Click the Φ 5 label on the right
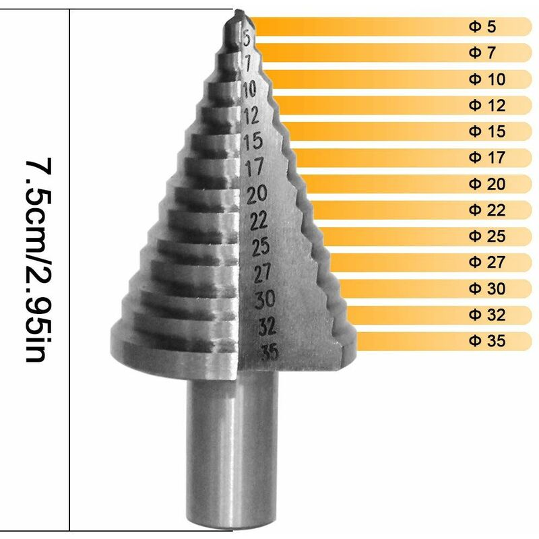coord(482,27)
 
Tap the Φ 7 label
coord(482,53)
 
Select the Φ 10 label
coord(486,79)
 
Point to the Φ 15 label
coord(486,131)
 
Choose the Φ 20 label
coord(486,184)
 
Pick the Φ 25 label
coord(486,236)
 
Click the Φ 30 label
coord(486,288)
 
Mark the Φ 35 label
coord(486,341)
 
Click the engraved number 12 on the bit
coord(251,116)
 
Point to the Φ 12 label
coord(486,105)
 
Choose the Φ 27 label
coord(486,262)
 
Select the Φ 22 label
coord(486,210)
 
